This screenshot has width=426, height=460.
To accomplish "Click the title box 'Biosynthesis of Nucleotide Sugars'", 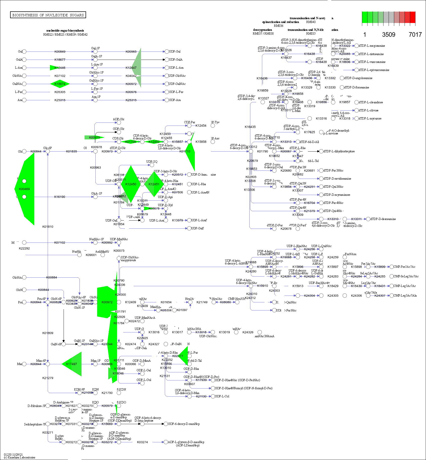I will point(48,15).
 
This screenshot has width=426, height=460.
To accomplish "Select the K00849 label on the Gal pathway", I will point(60,52).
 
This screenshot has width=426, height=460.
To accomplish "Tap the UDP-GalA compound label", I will point(176,60).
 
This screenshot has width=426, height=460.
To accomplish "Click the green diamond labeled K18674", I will point(60,84).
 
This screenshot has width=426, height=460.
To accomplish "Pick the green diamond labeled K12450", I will point(131,184).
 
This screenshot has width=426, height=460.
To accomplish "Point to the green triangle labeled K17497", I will point(72,364).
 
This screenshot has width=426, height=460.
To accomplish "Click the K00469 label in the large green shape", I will point(24,189).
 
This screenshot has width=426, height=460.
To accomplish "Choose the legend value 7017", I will point(415,35).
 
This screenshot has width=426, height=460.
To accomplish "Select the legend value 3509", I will point(389,35).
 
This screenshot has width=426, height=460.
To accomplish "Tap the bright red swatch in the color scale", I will point(413,17).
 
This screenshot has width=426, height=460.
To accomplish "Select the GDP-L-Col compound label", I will point(222,396).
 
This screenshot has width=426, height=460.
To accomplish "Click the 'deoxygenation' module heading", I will point(262,30).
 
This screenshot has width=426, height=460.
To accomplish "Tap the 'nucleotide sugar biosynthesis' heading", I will point(65,31).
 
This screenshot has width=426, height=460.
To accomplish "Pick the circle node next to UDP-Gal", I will point(167,52).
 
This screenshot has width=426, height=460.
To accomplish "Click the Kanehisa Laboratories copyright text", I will point(20,457).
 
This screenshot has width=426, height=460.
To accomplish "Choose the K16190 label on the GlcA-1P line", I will point(60,197).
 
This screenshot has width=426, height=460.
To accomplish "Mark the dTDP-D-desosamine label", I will point(383,219).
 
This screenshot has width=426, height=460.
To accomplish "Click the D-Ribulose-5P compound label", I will point(37,406).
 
